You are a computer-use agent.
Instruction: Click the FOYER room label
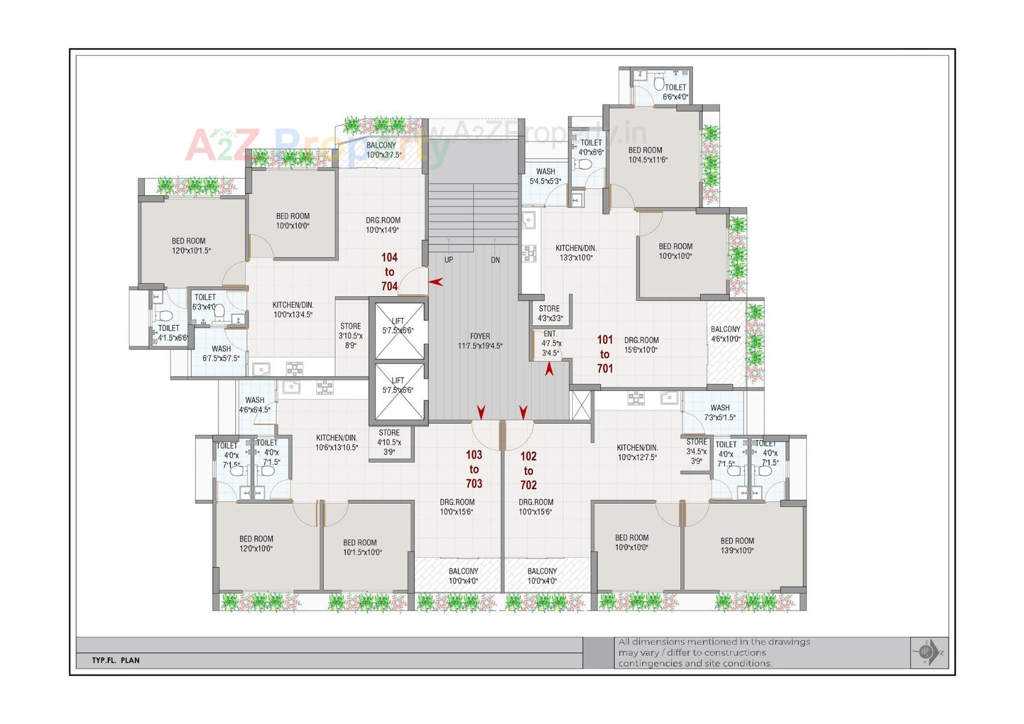click(480, 341)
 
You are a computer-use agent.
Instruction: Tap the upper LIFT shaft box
click(399, 331)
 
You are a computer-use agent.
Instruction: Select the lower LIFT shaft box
click(399, 391)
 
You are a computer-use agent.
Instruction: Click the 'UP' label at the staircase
click(449, 260)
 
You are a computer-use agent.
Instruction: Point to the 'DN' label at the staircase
click(495, 260)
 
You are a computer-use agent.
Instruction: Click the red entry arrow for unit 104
click(436, 282)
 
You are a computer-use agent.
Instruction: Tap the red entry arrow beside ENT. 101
click(549, 369)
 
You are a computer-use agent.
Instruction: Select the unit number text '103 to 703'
click(474, 469)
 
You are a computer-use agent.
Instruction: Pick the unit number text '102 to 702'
click(529, 471)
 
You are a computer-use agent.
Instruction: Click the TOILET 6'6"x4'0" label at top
click(675, 92)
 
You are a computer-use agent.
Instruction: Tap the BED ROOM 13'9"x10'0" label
click(737, 545)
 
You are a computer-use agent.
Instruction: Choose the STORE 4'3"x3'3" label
click(549, 313)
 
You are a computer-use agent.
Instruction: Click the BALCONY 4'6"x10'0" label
click(725, 334)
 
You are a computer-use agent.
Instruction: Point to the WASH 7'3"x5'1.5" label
click(720, 412)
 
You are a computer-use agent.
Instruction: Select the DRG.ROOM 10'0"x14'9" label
click(383, 225)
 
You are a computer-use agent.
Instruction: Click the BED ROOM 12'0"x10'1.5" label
click(189, 245)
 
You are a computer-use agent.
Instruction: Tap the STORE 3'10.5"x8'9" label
click(350, 335)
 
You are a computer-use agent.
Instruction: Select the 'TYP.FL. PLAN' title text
click(116, 660)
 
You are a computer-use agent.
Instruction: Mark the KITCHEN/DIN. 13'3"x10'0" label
click(576, 252)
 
